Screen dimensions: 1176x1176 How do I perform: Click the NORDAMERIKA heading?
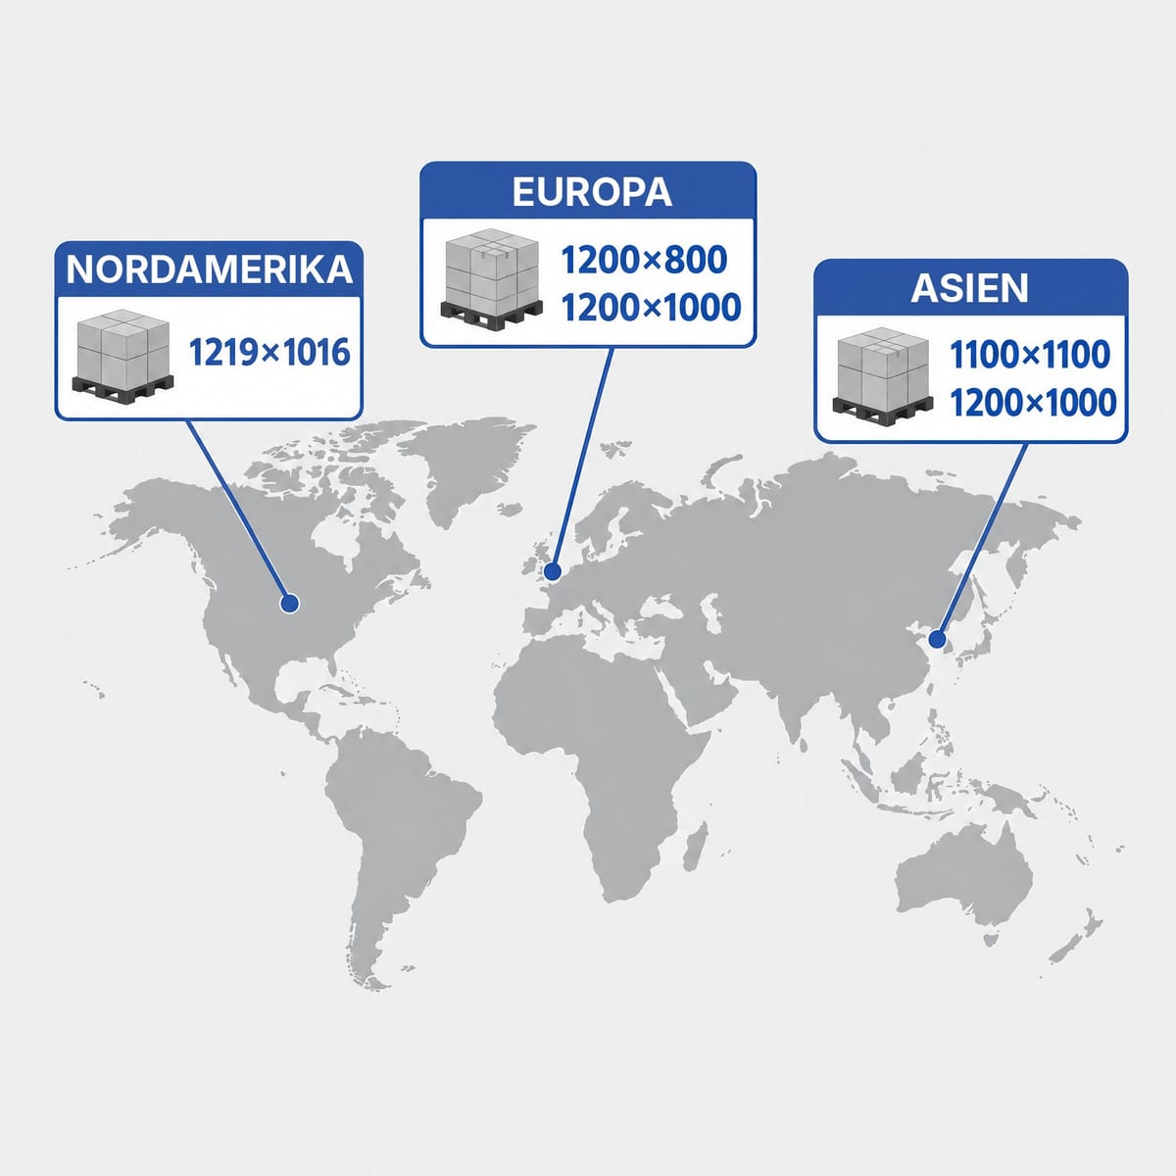[x=209, y=269]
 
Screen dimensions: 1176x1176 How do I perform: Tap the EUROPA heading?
[x=592, y=192]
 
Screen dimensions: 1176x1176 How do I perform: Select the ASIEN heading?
[x=970, y=288]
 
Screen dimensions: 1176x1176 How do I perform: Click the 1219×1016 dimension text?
[x=269, y=353]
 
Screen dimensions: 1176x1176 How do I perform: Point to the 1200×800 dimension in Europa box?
[x=644, y=260]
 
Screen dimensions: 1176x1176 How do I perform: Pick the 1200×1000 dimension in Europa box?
[x=651, y=308]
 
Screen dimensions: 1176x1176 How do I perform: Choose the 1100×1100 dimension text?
[x=1030, y=355]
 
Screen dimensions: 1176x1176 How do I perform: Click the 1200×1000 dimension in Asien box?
[x=1033, y=404]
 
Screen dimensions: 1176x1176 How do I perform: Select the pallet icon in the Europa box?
[x=491, y=280]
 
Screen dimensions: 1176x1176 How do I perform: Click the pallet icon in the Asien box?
[x=882, y=374]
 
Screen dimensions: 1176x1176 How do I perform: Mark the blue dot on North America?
[x=289, y=604]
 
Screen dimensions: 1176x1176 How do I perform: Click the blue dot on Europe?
[x=553, y=571]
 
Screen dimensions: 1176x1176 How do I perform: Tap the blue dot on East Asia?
[x=936, y=640]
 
